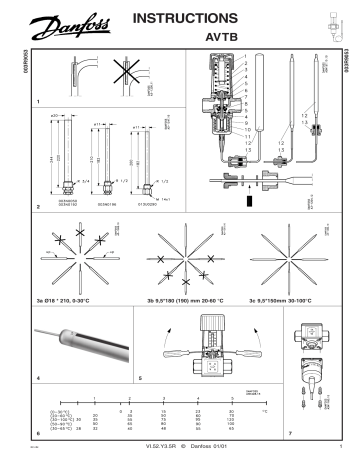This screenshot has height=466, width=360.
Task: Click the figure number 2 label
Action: (38, 207)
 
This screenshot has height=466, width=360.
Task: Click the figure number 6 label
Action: (38, 433)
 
